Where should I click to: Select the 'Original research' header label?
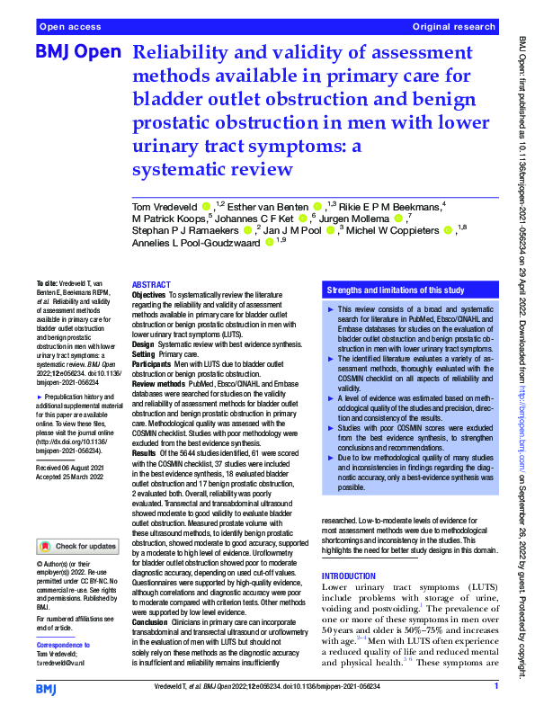coord(453,28)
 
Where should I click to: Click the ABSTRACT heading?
coord(151,283)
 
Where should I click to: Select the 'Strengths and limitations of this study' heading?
coord(397,291)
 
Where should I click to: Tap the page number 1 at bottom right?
coord(496,688)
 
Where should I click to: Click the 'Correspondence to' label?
coord(63,646)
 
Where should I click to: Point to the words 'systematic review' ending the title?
coord(213,169)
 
